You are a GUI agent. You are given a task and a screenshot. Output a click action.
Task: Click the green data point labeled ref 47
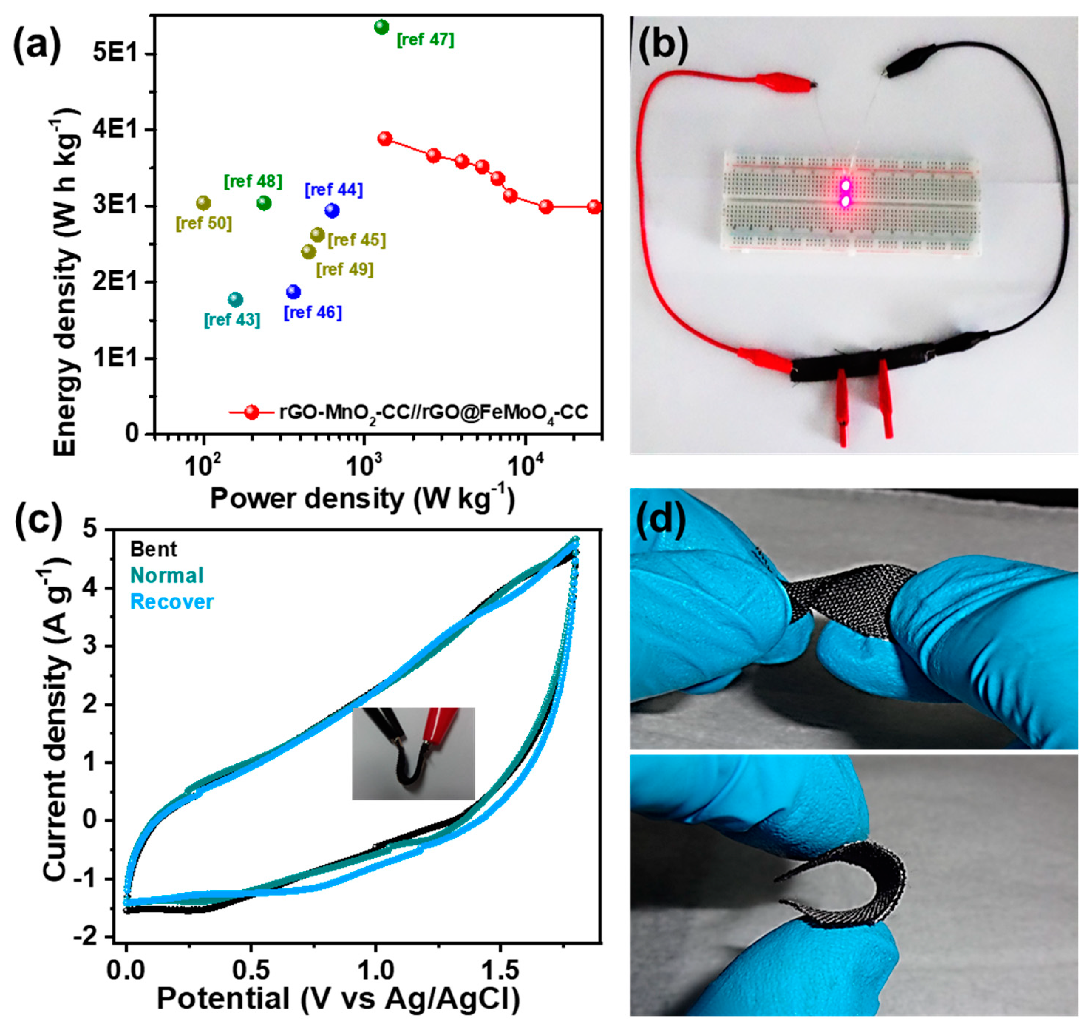(x=381, y=26)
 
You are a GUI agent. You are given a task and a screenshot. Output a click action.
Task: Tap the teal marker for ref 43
(x=235, y=299)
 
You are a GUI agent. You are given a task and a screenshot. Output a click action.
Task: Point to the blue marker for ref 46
(x=293, y=292)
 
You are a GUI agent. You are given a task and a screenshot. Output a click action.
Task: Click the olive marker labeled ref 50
(x=203, y=203)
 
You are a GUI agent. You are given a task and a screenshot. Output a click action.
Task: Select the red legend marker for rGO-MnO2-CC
(x=252, y=412)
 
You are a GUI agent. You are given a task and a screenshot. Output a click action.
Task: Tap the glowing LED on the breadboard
(x=845, y=193)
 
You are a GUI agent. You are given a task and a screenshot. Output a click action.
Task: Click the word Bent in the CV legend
(x=154, y=549)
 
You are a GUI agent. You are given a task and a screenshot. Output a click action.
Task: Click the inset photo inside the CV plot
(x=413, y=753)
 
